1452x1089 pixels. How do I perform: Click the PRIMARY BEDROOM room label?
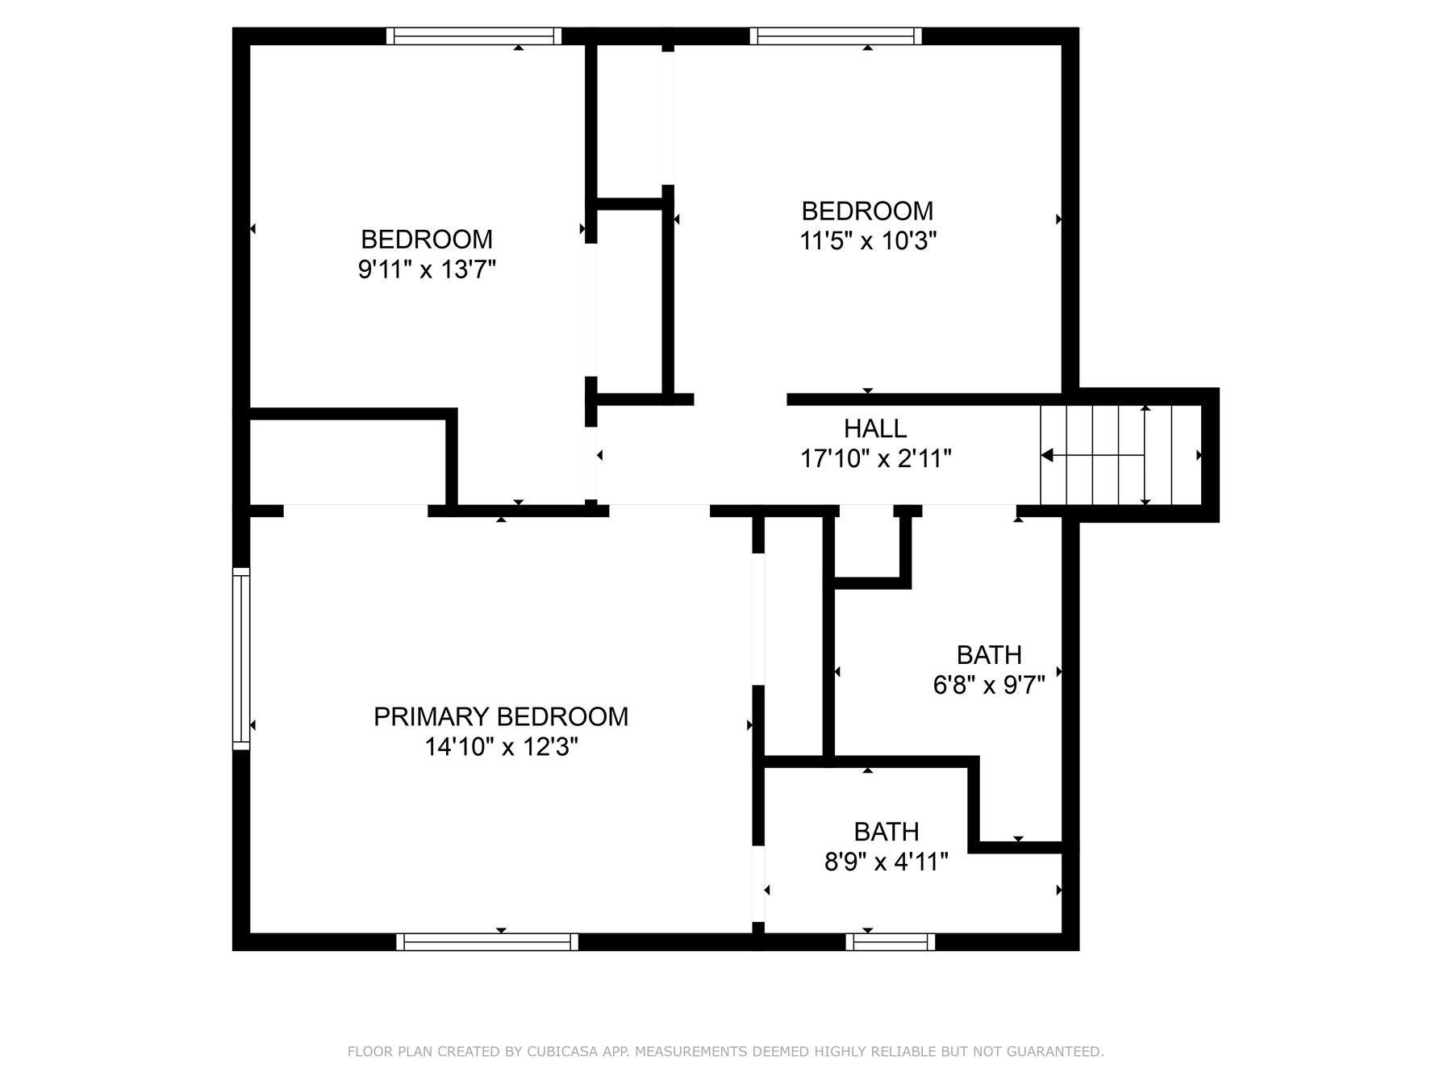click(501, 716)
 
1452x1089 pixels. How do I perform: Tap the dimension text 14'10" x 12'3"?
click(502, 748)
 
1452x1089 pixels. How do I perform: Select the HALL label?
click(875, 428)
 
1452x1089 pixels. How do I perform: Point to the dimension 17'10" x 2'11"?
click(876, 459)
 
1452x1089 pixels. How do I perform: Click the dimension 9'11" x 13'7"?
click(427, 269)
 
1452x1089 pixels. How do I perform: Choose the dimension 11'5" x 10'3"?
click(868, 240)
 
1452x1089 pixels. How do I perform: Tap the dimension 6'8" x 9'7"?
click(989, 685)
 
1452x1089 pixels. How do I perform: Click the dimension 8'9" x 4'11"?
click(886, 862)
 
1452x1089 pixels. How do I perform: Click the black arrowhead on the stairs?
click(1047, 456)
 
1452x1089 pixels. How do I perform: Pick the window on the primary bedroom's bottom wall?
click(487, 941)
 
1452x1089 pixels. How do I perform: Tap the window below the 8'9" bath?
click(891, 941)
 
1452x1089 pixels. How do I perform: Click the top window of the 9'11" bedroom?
click(474, 35)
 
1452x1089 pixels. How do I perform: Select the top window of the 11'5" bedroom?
click(836, 35)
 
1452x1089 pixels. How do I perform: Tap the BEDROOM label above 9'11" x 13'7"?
click(427, 239)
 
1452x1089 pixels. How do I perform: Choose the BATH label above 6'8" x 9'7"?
click(989, 654)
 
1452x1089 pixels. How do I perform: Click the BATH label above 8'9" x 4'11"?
click(887, 832)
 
